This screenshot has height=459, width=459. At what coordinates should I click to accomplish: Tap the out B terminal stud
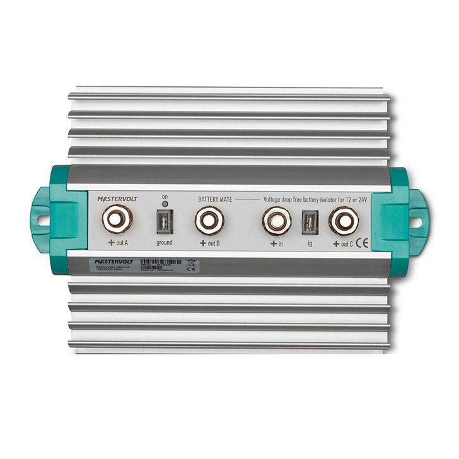[x=209, y=220]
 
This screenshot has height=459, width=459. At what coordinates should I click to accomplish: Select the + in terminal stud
[x=276, y=220]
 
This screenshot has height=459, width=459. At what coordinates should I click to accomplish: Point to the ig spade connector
[x=310, y=221]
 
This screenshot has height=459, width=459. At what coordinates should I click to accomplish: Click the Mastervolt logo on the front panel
[x=116, y=199]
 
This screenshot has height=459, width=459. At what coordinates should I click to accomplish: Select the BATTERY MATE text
[x=215, y=199]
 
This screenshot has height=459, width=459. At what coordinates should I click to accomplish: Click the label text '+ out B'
[x=208, y=243]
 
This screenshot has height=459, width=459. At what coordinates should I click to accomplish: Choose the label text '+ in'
[x=276, y=243]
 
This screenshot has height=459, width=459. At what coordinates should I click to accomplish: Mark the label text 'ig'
[x=310, y=243]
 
